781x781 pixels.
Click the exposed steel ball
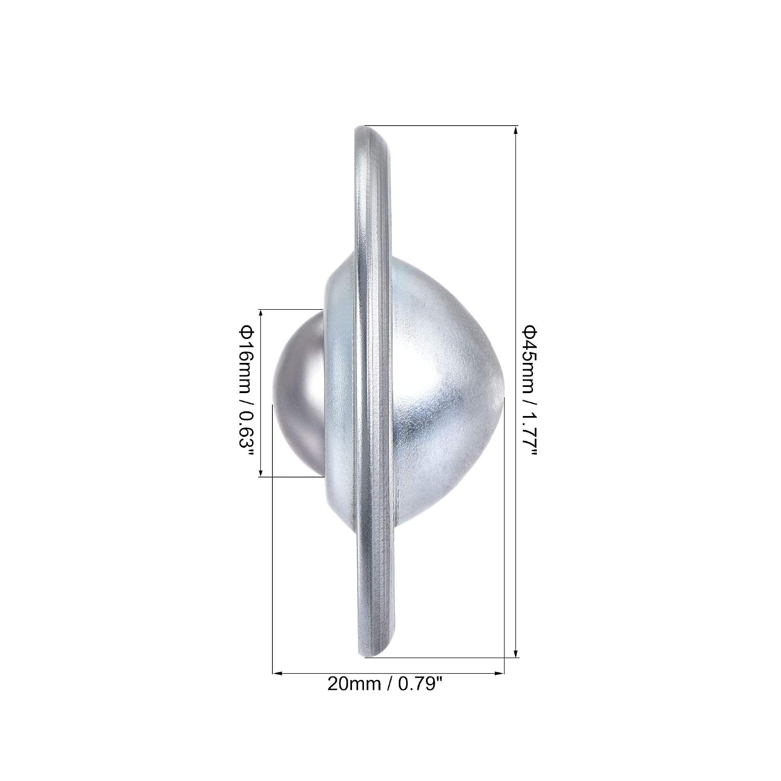pyautogui.click(x=298, y=394)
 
